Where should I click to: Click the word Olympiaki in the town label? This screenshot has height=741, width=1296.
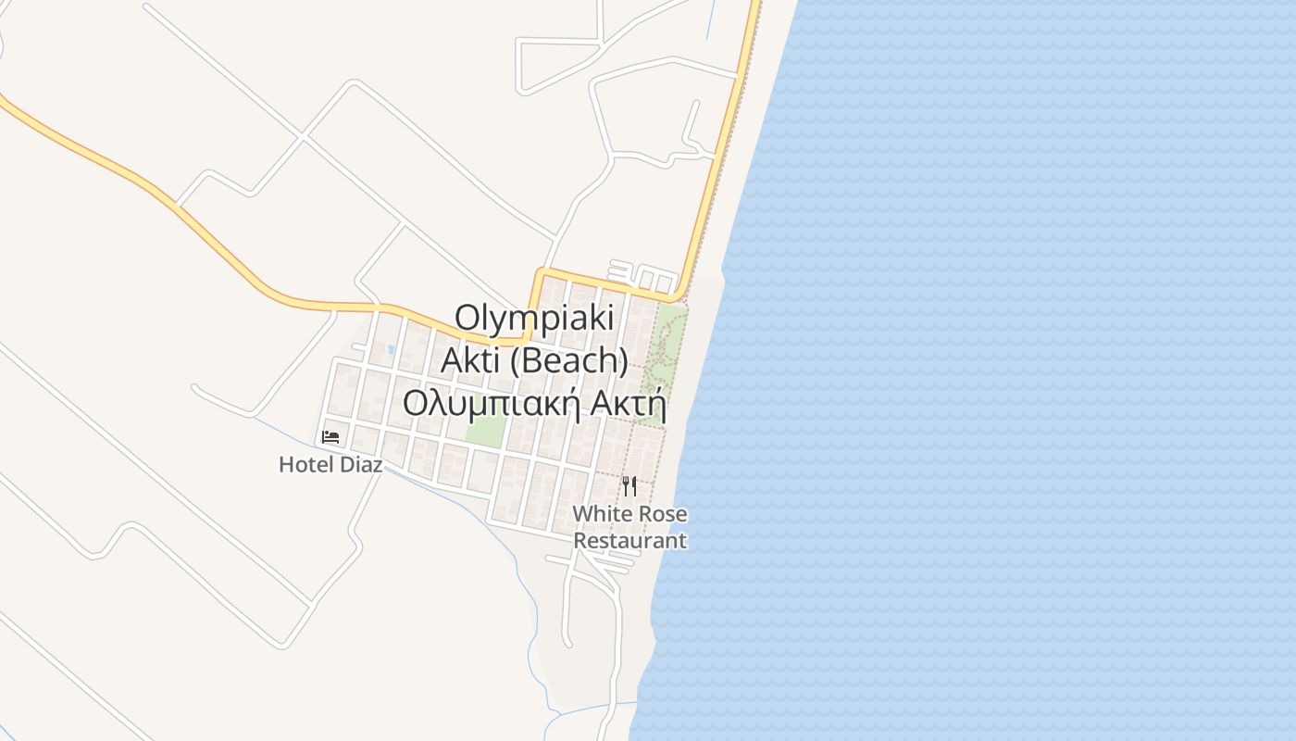pos(534,320)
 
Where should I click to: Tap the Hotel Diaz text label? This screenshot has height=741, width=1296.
pos(330,465)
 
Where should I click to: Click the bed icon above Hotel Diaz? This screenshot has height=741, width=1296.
pos(330,437)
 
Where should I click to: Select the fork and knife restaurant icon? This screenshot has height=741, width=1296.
pos(629,485)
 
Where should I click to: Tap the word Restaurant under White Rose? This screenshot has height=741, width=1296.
pos(629,541)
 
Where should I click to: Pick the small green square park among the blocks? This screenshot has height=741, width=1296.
pos(486,430)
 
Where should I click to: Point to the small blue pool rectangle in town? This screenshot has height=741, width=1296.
pos(392,350)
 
